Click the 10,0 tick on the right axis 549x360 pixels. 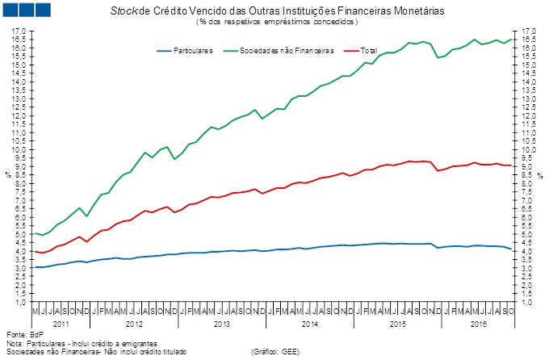529,150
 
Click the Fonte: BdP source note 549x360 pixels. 23,334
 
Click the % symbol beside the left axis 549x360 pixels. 7,174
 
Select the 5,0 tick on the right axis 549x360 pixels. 529,235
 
